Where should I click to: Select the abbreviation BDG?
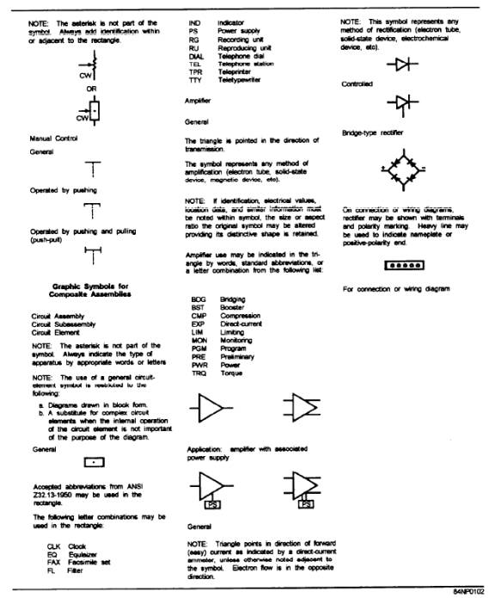tap(197, 298)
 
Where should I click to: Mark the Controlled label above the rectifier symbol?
tap(356, 84)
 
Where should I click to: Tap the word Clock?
tap(77, 545)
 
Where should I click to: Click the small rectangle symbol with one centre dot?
tap(96, 461)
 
